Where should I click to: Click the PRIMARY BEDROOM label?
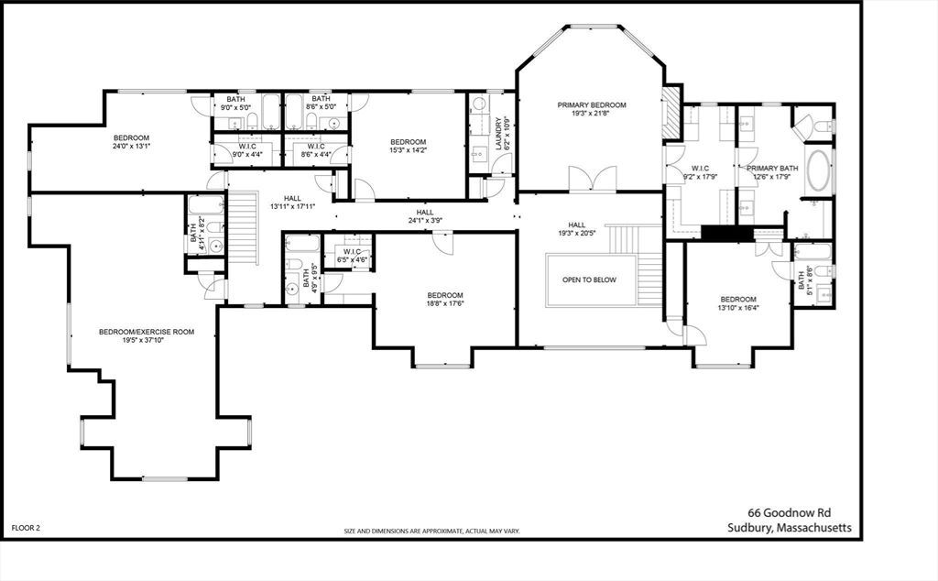tap(592, 105)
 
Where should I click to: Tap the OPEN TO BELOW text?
tap(589, 280)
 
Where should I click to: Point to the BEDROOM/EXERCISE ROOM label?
tap(147, 332)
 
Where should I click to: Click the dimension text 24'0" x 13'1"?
tap(131, 146)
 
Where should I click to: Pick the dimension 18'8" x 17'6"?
tap(445, 303)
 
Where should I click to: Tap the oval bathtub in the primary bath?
tap(819, 170)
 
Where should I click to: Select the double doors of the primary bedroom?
tap(593, 179)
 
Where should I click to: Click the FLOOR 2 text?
tap(26, 528)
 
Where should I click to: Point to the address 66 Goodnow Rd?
tap(790, 513)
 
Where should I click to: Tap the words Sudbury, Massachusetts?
tap(790, 528)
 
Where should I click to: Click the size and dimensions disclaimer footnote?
tap(432, 531)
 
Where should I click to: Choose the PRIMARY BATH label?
tap(772, 168)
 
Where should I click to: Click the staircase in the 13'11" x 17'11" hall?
tap(244, 227)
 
